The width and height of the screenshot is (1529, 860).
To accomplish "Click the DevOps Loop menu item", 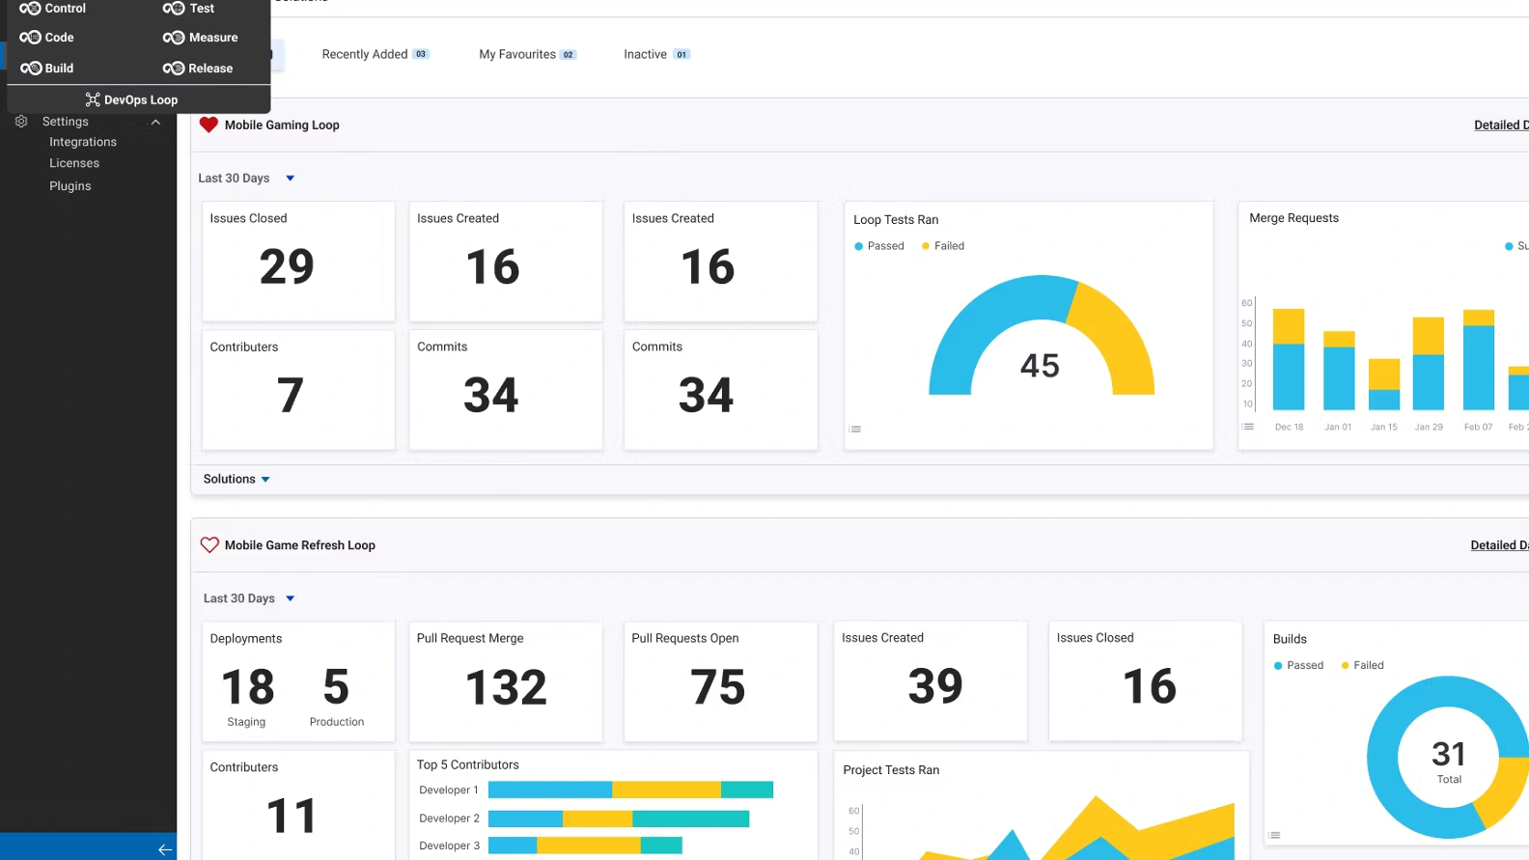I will pyautogui.click(x=132, y=99).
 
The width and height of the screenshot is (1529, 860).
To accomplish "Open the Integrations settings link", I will pyautogui.click(x=83, y=142).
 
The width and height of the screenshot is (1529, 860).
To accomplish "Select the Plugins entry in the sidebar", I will pyautogui.click(x=70, y=186).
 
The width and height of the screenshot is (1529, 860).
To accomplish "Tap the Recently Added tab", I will pyautogui.click(x=365, y=54).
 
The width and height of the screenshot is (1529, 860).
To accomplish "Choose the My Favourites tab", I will pyautogui.click(x=517, y=54).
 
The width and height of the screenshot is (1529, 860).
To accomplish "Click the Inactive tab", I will pyautogui.click(x=645, y=54).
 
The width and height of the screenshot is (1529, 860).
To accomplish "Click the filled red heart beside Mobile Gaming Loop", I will pyautogui.click(x=208, y=125).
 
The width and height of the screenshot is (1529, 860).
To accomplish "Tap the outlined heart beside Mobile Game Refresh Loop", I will pyautogui.click(x=209, y=545).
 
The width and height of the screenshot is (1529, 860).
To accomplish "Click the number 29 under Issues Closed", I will pyautogui.click(x=287, y=266).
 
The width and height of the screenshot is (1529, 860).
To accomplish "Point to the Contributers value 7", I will pyautogui.click(x=290, y=395).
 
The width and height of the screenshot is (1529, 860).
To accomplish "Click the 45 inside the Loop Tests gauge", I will pyautogui.click(x=1040, y=366).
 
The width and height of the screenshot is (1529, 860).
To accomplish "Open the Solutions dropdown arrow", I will pyautogui.click(x=265, y=480).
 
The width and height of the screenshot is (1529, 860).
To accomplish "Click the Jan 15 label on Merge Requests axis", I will pyautogui.click(x=1383, y=427).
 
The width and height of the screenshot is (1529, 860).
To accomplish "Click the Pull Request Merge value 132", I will pyautogui.click(x=506, y=687).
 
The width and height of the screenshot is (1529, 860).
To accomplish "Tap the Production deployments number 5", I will pyautogui.click(x=336, y=687).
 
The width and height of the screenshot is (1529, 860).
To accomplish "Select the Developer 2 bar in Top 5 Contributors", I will pyautogui.click(x=618, y=818).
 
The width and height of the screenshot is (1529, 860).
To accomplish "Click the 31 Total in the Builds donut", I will pyautogui.click(x=1448, y=761).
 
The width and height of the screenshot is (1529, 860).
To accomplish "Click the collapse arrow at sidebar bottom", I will pyautogui.click(x=165, y=849).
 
